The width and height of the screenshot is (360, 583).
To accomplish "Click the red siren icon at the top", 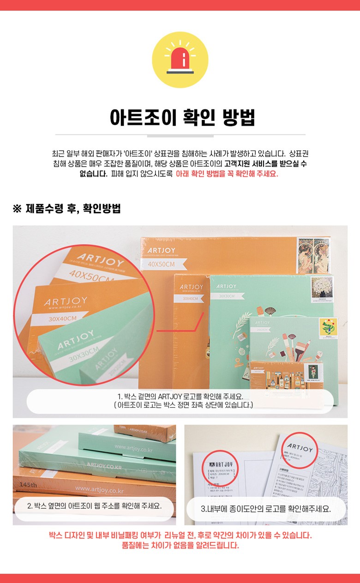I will tap(180, 60).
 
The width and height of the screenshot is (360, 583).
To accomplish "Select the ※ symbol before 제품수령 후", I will tap(17, 209).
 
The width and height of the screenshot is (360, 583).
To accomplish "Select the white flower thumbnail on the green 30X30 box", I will tap(322, 289).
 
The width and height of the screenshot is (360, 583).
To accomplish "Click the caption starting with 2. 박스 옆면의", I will tap(94, 505).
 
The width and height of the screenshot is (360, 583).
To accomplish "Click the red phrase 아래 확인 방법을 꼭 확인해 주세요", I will tap(227, 174).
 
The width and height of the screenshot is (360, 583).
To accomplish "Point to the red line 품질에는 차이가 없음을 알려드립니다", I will tap(180, 545).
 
